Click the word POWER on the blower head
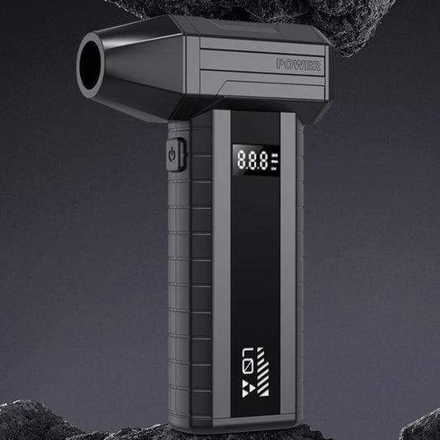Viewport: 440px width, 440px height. coord(299,65)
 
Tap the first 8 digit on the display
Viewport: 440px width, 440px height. coord(242,159)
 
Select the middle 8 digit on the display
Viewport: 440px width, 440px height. coord(253,160)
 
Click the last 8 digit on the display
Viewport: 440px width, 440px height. coord(263,161)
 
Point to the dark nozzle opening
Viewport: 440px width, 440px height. coord(90,65)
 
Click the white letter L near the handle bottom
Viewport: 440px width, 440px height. coord(248,354)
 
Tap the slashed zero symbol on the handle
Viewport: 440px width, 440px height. coord(248,368)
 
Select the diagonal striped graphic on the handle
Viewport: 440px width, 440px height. coord(263,371)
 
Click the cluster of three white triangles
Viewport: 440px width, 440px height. coord(248,388)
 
